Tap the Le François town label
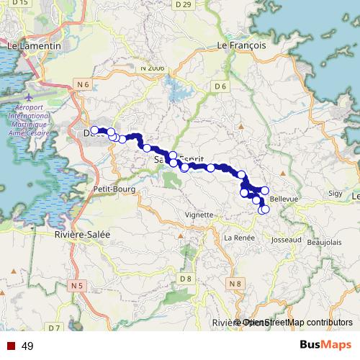click(242, 45)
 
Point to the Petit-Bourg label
click(110, 189)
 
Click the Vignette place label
click(199, 215)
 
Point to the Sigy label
click(336, 194)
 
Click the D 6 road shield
click(220, 86)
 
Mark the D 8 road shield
click(186, 277)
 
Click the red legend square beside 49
click(10, 346)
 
